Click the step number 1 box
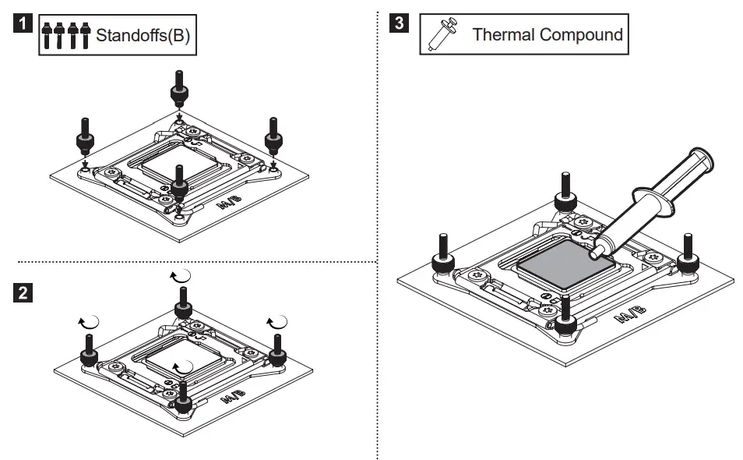point(25,23)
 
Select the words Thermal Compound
point(548,34)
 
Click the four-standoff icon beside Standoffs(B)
point(65,36)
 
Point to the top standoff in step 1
point(178,90)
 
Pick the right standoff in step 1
point(273,136)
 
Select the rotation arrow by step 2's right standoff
point(277,321)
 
